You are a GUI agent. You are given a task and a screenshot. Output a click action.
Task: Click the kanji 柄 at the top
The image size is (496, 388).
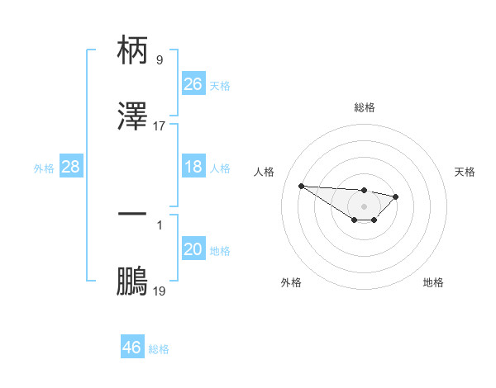[x=132, y=51]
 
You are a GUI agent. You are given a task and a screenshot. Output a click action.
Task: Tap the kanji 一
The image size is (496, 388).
[x=132, y=214]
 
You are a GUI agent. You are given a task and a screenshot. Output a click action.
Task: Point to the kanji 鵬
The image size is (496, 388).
[x=132, y=281]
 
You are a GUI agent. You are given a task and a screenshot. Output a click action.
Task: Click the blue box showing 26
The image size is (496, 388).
[x=193, y=84]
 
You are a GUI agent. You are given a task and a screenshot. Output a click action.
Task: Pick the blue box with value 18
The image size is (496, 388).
[x=193, y=167]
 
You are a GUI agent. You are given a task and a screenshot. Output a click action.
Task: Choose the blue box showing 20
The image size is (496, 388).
[x=193, y=249]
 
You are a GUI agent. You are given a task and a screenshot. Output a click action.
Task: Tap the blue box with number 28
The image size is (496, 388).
[x=71, y=167]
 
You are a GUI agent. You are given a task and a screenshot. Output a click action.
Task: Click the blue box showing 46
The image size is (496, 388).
[x=132, y=348]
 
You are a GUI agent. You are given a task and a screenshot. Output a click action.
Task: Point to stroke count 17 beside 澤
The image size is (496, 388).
[x=160, y=126]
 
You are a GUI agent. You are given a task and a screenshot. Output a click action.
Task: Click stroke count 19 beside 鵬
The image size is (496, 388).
[x=160, y=291]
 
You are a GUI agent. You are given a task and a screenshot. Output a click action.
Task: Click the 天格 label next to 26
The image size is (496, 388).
[x=219, y=85]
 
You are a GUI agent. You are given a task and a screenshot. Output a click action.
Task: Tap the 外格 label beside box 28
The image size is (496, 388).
[x=44, y=168]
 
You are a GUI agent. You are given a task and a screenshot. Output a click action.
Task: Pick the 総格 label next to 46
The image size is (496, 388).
[x=159, y=349]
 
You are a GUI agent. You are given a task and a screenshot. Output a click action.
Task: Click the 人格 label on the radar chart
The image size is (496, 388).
[x=265, y=172]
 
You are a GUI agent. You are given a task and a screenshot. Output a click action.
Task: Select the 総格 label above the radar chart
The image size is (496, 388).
[x=364, y=107]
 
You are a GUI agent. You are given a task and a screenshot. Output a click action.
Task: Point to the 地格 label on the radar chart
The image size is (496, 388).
[x=433, y=282]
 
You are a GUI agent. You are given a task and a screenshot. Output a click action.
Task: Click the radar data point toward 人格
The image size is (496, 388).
[x=301, y=186]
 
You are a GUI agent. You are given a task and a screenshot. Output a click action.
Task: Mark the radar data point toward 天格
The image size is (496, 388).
[x=396, y=196]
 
